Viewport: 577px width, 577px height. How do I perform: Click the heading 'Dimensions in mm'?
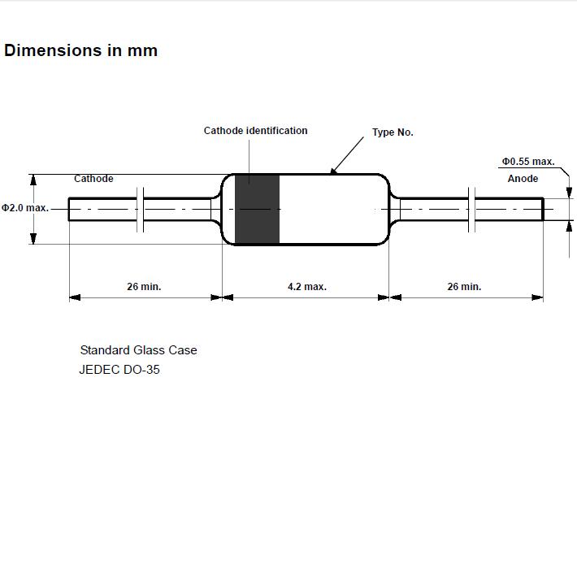[81, 50]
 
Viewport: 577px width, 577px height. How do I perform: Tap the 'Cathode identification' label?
[255, 131]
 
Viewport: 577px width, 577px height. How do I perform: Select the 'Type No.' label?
[393, 132]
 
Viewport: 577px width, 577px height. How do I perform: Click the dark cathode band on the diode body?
[258, 210]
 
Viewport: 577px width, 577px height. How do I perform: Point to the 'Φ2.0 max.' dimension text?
[25, 208]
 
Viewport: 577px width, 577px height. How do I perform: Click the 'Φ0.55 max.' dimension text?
[528, 162]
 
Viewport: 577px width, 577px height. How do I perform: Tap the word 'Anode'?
[523, 179]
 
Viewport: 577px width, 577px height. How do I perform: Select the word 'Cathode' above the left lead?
[93, 179]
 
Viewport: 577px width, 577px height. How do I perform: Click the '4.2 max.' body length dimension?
[307, 287]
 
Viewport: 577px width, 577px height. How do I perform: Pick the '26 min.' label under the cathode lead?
[144, 287]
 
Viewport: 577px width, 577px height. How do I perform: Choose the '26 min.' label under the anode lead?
[464, 287]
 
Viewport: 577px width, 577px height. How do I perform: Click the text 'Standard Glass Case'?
[138, 350]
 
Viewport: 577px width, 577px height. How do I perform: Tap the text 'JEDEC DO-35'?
[119, 370]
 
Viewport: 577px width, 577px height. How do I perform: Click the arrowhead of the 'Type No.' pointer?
[332, 171]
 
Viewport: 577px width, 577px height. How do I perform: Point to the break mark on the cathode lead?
[141, 210]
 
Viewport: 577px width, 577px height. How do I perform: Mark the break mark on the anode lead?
[471, 210]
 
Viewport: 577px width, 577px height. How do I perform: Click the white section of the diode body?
[333, 210]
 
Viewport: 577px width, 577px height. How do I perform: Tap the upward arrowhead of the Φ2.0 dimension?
[33, 180]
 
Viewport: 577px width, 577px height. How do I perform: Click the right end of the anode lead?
[543, 210]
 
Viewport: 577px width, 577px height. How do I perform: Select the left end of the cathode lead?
[69, 210]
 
